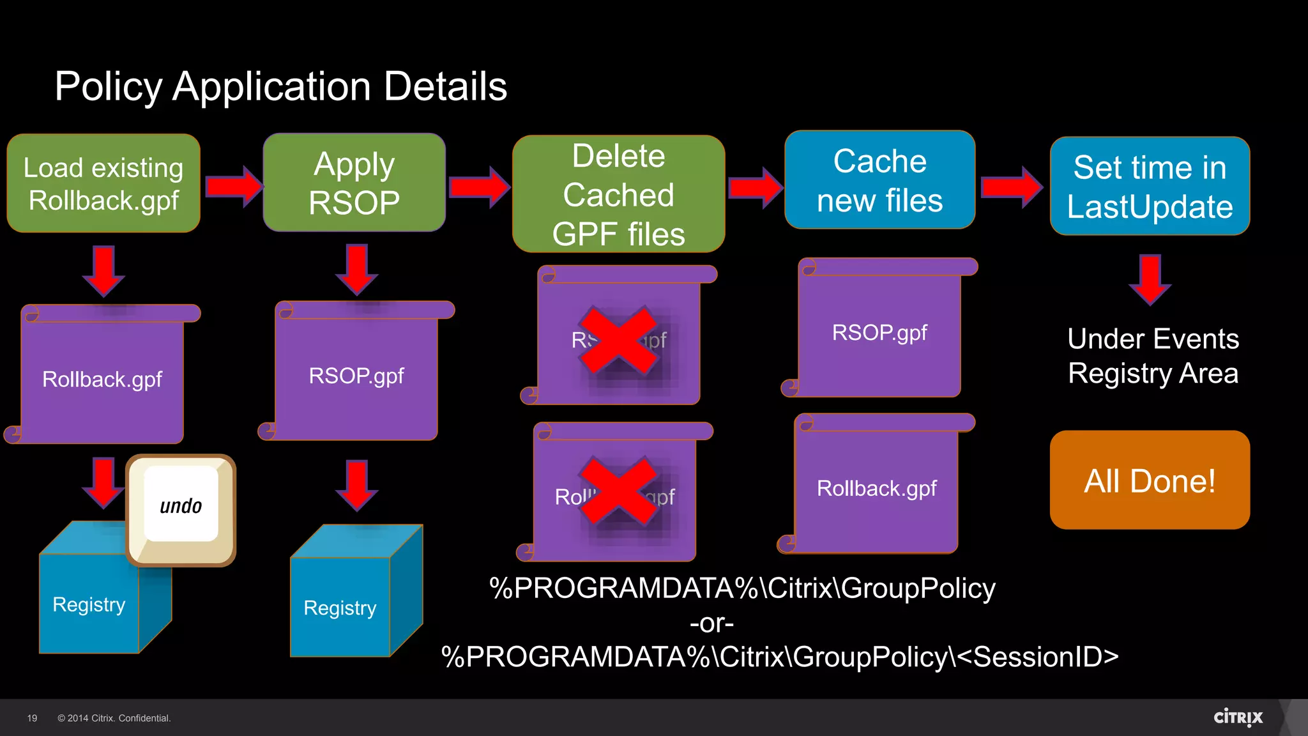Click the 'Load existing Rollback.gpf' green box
tap(103, 183)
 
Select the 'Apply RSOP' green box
tap(354, 183)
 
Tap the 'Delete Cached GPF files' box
tap(618, 194)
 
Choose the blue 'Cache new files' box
tap(879, 180)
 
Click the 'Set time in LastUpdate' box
tap(1150, 187)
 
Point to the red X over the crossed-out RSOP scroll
tap(618, 341)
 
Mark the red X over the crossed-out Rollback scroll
tap(618, 491)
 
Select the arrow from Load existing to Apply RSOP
tap(234, 186)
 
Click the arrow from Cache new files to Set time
tap(1012, 187)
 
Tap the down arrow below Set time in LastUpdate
tap(1150, 279)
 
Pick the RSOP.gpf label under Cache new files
tap(879, 333)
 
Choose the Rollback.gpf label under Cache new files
tap(876, 489)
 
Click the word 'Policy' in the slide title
tap(109, 87)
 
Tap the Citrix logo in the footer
tap(1238, 717)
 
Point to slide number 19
tap(32, 718)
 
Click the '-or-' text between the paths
tap(711, 623)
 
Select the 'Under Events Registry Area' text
tap(1153, 356)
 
